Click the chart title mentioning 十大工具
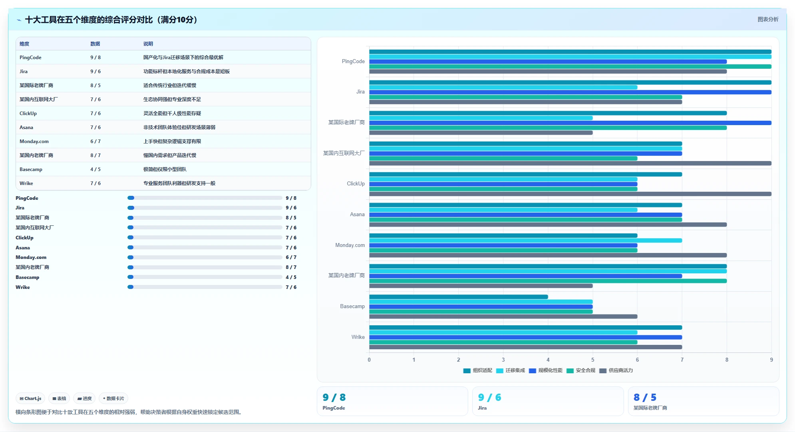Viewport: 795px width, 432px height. click(111, 20)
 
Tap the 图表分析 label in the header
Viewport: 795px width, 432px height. click(768, 19)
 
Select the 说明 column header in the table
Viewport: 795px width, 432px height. click(148, 44)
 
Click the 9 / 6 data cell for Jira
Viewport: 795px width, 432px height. click(95, 72)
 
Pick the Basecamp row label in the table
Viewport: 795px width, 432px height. click(31, 169)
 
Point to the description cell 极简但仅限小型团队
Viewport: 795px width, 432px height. click(165, 169)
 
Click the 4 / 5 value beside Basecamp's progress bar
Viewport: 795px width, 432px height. click(291, 277)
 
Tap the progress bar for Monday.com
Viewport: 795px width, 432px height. click(205, 257)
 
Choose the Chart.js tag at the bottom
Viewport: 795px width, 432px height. click(30, 398)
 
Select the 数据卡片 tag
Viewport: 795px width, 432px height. click(113, 398)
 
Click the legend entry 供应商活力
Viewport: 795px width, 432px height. click(616, 370)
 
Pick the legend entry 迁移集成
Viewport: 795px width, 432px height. click(511, 370)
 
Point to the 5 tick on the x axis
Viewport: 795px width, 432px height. click(593, 360)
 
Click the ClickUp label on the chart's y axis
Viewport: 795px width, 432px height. click(356, 184)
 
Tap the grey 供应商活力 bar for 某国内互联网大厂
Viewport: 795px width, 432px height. click(570, 163)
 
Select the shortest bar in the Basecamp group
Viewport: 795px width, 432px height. click(459, 297)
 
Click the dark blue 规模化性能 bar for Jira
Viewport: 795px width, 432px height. click(570, 92)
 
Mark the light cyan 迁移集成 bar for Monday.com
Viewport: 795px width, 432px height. click(525, 241)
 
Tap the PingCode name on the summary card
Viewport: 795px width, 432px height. click(334, 408)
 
